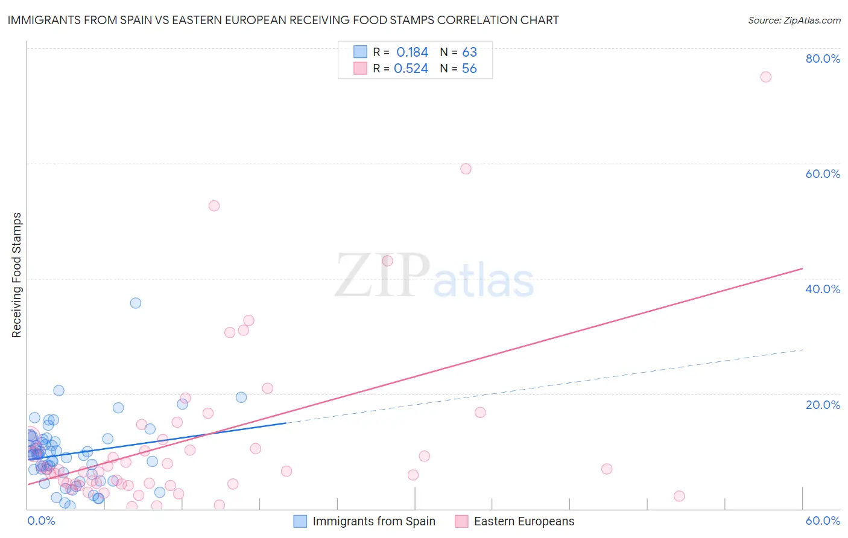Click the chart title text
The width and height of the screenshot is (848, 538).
coord(283,20)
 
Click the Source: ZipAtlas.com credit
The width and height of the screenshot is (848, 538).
coord(794,20)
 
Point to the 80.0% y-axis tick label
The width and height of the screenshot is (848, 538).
coord(823,59)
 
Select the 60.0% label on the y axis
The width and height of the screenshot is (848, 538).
coord(823,174)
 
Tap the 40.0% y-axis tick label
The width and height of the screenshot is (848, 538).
coord(823,289)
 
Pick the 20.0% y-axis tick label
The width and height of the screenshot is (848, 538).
coord(823,405)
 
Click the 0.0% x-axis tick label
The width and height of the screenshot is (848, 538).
coord(41,521)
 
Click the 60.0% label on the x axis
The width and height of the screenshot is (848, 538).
coord(823,521)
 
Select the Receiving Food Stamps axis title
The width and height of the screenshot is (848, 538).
coord(16,275)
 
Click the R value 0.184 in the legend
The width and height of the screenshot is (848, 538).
coord(412,52)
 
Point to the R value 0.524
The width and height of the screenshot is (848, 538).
coord(411,69)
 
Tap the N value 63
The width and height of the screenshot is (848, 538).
coord(469,52)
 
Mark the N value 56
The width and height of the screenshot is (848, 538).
coord(469,69)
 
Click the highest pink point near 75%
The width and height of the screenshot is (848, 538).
coord(766,77)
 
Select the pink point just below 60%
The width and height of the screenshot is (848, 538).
coord(466,169)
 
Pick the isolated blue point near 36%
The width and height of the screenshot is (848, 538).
coord(136,303)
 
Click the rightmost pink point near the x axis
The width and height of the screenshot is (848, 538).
coord(679,496)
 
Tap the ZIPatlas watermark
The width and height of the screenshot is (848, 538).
coord(434,276)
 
